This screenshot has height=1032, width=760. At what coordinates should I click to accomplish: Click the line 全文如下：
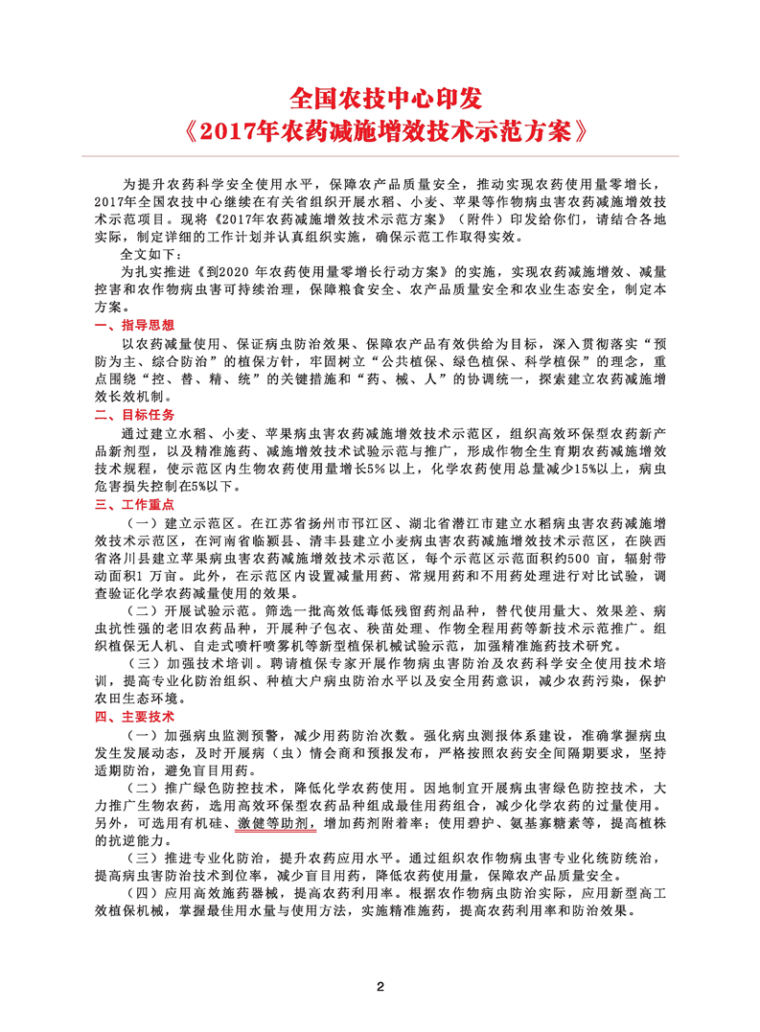tap(149, 255)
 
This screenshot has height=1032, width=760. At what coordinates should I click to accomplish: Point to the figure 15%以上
tap(594, 468)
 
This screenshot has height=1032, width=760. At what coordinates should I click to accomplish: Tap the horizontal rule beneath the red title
tap(380, 156)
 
